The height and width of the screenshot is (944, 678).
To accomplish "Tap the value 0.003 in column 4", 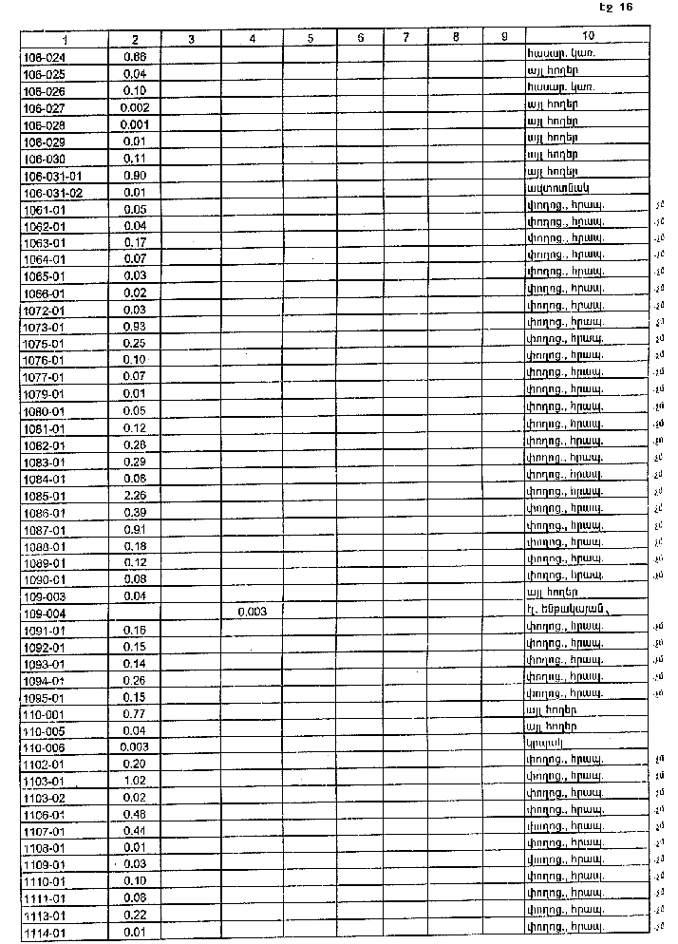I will coord(251,613).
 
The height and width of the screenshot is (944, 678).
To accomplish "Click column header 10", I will coord(589,36).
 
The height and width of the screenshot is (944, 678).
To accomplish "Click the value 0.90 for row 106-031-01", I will coord(135,176).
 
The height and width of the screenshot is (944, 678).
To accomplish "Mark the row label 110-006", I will coord(43,747).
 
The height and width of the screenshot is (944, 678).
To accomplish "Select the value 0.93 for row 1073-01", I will coord(135,327).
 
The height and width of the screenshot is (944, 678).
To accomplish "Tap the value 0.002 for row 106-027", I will coord(135,108).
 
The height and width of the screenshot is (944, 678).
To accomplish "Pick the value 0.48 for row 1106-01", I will coord(135,815).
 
